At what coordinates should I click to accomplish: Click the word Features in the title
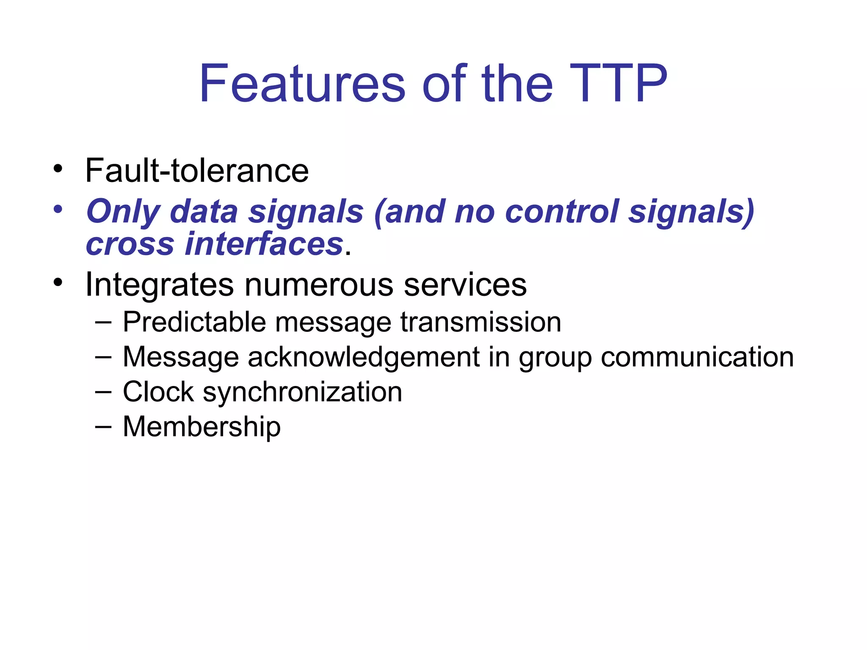[x=302, y=83]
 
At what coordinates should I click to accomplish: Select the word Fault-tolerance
[x=197, y=171]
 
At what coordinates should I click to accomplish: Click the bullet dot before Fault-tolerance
[x=58, y=169]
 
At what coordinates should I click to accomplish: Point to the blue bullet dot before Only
[x=58, y=209]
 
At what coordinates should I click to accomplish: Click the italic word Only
[x=123, y=212]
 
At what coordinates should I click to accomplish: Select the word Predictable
[x=194, y=322]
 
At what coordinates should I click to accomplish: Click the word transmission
[x=480, y=322]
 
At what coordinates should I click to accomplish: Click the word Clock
[x=158, y=391]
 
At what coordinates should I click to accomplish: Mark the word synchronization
[x=302, y=392]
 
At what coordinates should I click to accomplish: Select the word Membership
[x=202, y=427]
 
